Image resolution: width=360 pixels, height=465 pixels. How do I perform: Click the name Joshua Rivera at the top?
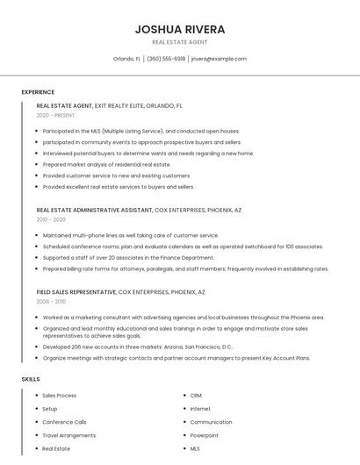[180, 29]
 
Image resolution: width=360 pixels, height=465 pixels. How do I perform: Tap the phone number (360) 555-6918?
[166, 59]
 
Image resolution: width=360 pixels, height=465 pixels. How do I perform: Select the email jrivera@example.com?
[219, 59]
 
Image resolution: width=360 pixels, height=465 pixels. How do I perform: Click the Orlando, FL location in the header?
[127, 59]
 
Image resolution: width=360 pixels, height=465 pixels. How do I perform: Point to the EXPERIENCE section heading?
[38, 92]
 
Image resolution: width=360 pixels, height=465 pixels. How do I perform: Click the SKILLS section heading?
[31, 379]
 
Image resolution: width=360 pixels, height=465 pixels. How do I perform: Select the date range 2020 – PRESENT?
[56, 115]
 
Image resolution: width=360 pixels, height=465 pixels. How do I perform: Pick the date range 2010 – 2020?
[51, 219]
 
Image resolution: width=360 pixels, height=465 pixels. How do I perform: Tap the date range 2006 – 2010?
[51, 301]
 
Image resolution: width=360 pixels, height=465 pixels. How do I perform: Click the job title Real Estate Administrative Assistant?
[94, 211]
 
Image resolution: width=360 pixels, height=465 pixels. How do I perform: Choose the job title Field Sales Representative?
[76, 291]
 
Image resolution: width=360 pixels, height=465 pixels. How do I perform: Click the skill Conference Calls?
[64, 422]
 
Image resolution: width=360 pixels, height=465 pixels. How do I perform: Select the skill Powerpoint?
[204, 435]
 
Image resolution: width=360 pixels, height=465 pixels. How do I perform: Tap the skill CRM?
[196, 396]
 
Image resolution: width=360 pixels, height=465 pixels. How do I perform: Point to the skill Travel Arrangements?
[68, 435]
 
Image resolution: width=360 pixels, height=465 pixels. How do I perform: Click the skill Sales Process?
[60, 396]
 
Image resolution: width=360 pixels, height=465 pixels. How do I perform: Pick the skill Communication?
[211, 422]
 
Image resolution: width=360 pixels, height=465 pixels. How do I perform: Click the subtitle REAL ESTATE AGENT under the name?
[180, 42]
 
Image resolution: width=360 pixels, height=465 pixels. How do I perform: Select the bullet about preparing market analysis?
[106, 164]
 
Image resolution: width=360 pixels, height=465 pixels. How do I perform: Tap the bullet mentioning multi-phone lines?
[130, 235]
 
